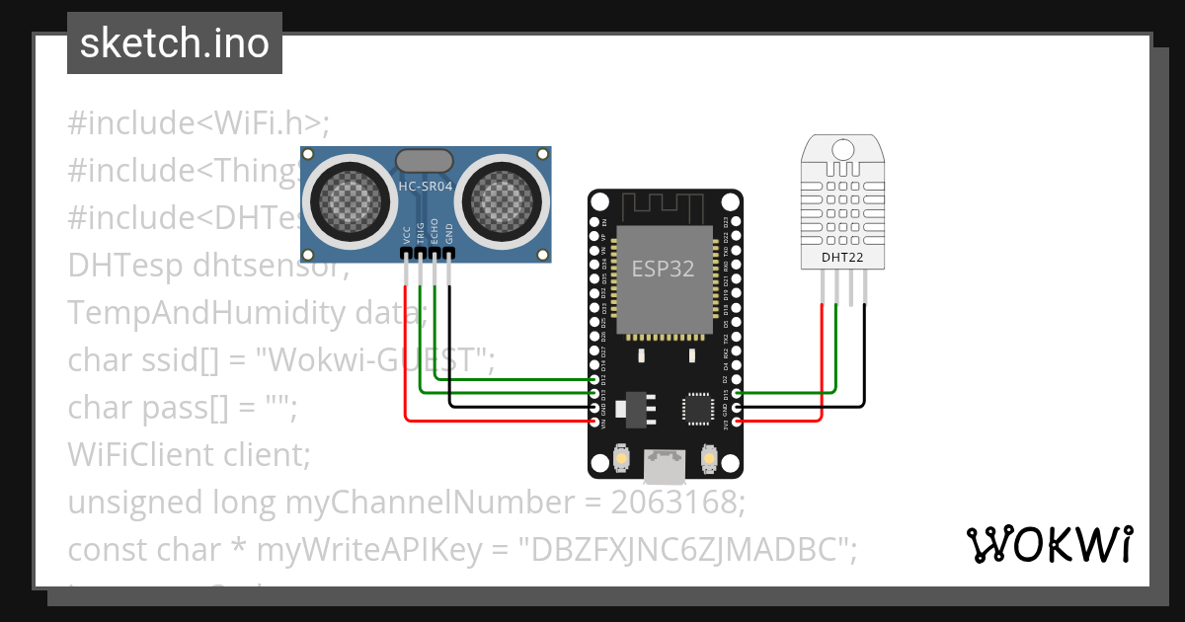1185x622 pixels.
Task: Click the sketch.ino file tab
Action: pyautogui.click(x=175, y=43)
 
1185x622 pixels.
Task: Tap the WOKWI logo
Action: pyautogui.click(x=1049, y=544)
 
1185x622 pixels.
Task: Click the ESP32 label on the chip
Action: pyautogui.click(x=663, y=269)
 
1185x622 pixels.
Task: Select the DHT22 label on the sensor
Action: pyautogui.click(x=842, y=259)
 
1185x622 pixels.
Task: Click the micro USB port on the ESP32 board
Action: pyautogui.click(x=664, y=464)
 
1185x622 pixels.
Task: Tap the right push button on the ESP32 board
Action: pyautogui.click(x=707, y=458)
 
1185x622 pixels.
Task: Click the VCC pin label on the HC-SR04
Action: pyautogui.click(x=406, y=234)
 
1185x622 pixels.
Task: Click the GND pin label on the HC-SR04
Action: pyautogui.click(x=449, y=234)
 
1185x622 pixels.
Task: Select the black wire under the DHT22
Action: pyautogui.click(x=865, y=355)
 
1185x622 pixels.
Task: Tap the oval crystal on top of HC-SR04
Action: pyautogui.click(x=425, y=160)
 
